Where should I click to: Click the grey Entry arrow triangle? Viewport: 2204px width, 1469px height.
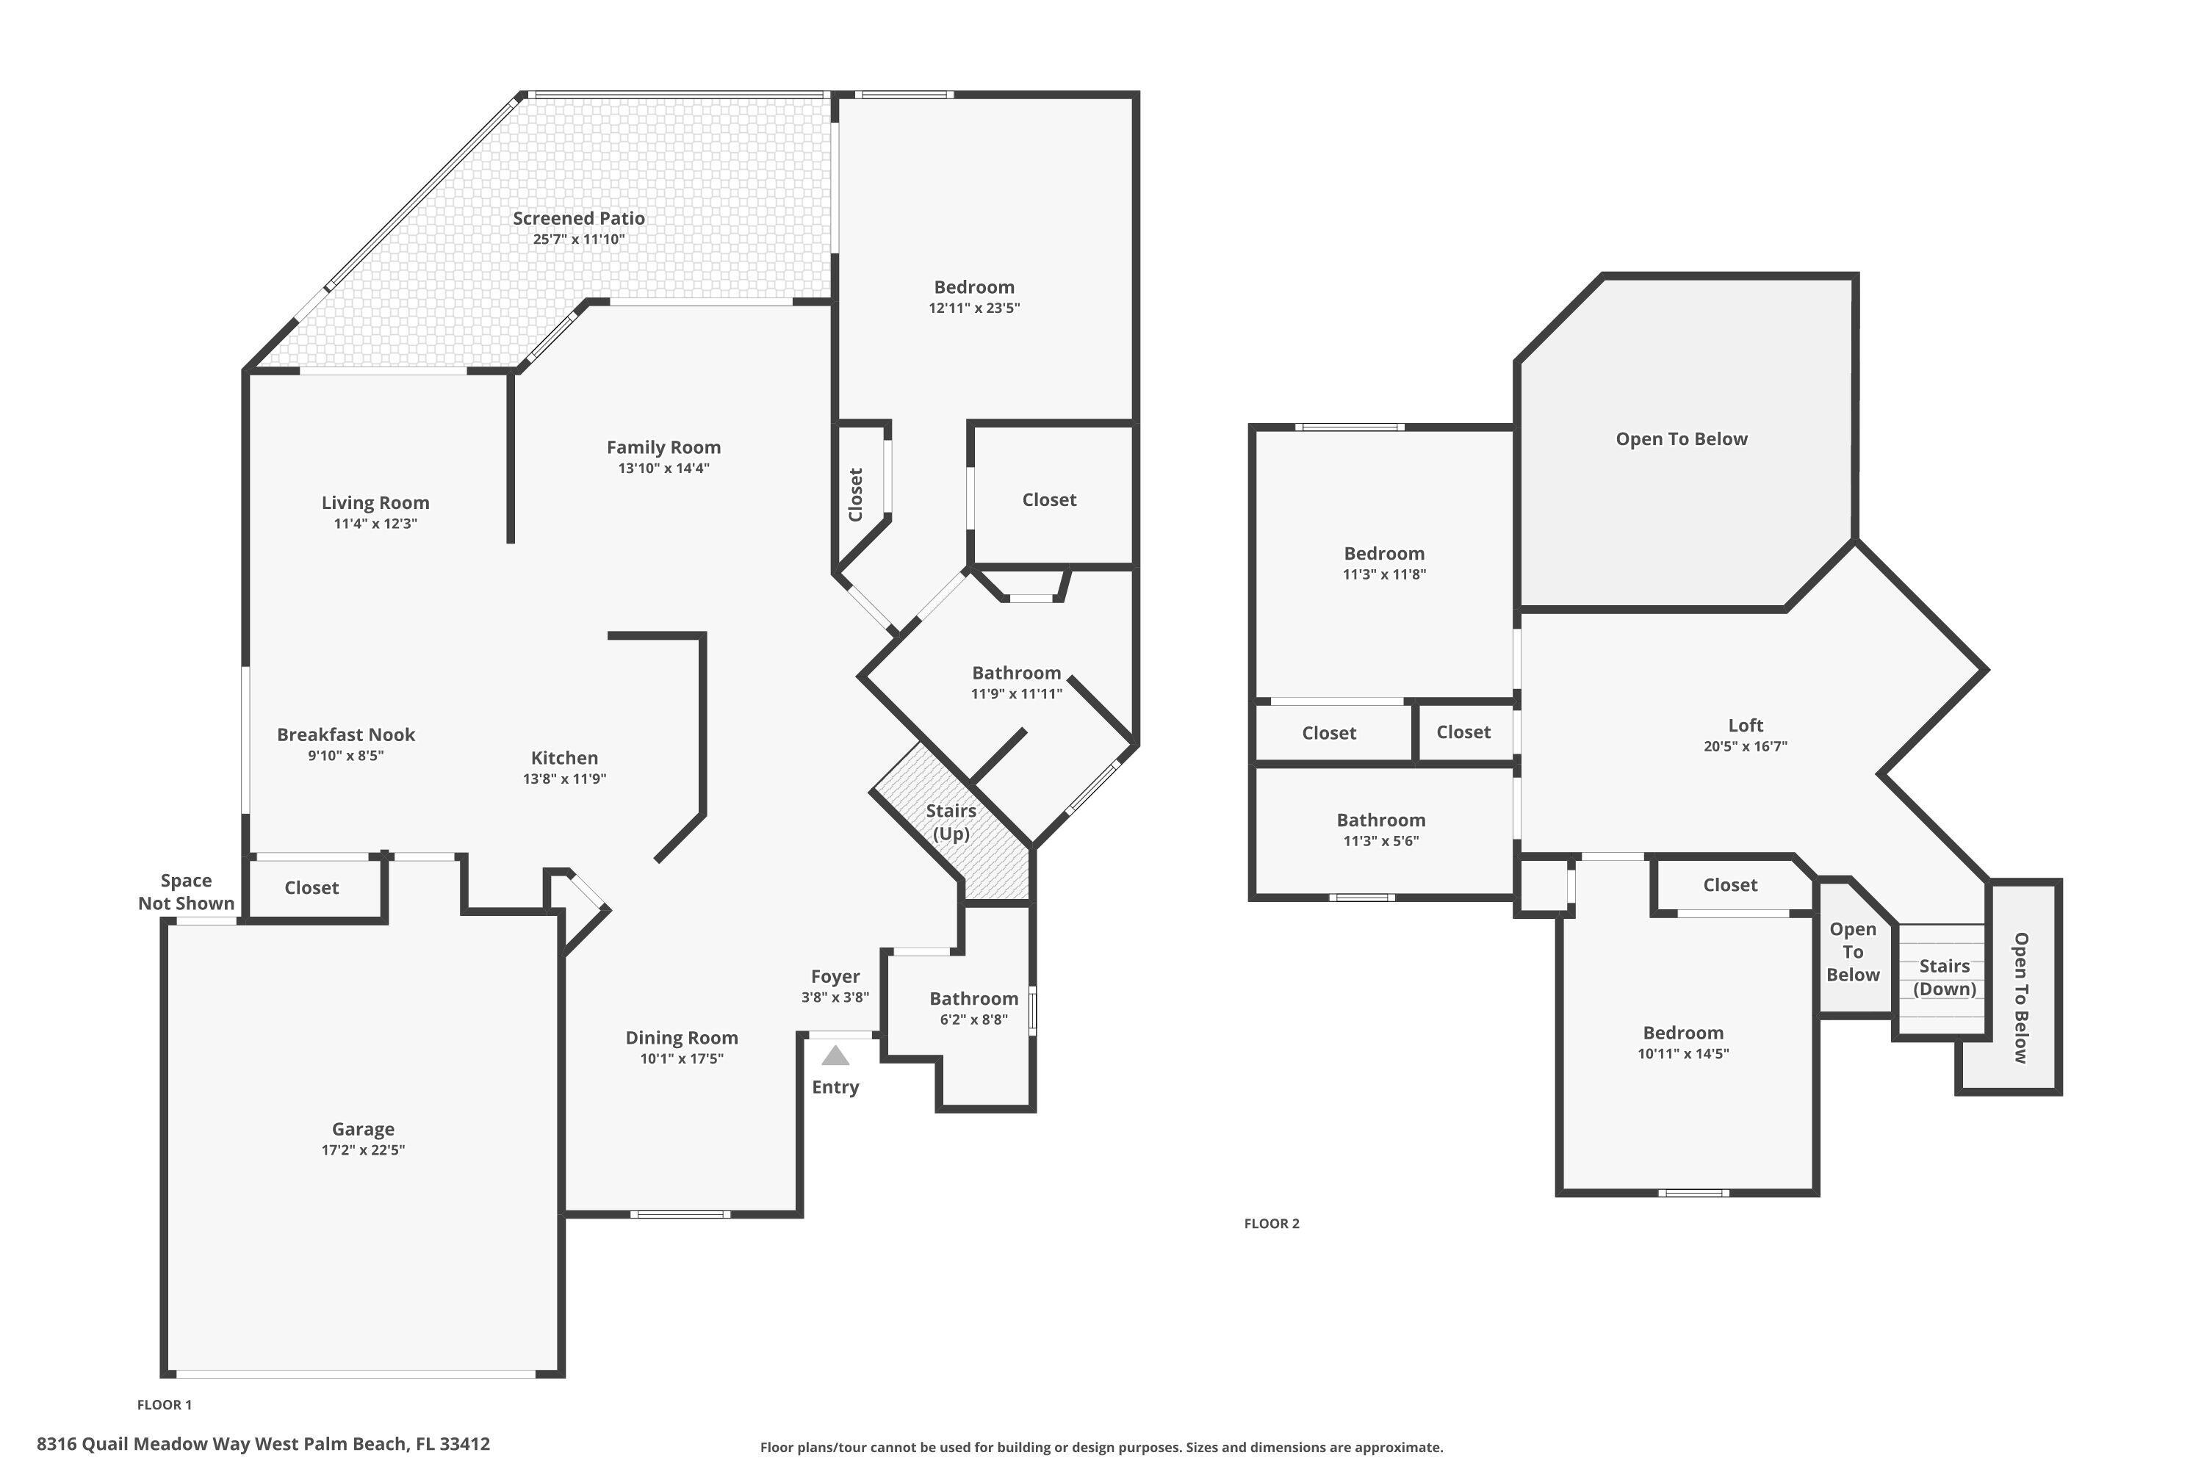[835, 1056]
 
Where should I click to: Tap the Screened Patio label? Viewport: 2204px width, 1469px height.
[578, 218]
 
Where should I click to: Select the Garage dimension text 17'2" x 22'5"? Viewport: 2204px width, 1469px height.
[363, 1149]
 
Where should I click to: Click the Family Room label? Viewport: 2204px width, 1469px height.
[663, 448]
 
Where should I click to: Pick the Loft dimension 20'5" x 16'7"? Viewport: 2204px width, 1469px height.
[1745, 747]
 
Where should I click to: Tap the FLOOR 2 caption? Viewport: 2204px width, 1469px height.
[1271, 1224]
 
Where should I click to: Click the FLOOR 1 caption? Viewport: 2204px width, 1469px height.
[164, 1404]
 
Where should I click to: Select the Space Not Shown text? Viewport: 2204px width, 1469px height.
[186, 892]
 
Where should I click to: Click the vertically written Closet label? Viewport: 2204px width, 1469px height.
[854, 494]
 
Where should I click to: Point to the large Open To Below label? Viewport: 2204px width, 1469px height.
[1681, 439]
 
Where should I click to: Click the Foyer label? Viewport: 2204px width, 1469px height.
[835, 976]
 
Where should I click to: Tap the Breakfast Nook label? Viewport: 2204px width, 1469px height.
[346, 735]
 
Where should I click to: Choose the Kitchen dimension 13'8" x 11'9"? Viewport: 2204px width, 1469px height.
[564, 779]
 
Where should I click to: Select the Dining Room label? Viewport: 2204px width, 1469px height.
[681, 1038]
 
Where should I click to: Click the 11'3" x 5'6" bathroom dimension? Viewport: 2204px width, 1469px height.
[1380, 841]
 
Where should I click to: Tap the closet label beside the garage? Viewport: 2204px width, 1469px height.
[311, 888]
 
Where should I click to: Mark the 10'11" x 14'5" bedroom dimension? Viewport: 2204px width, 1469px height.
[1683, 1054]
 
